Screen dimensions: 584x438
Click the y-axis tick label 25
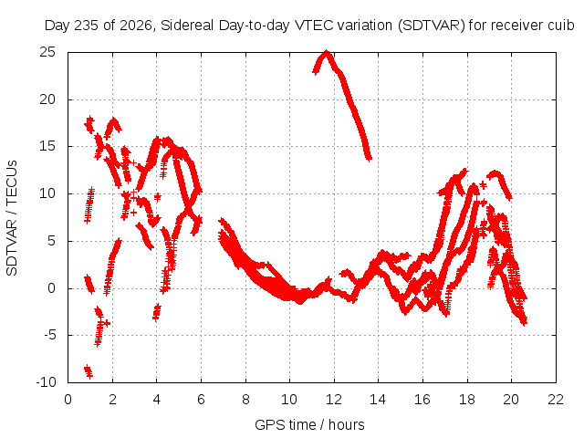point(47,52)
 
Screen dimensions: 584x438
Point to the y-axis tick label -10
point(46,382)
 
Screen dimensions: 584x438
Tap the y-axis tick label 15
point(47,146)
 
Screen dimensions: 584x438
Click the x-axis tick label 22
point(556,400)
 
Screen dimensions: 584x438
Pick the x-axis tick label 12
point(334,400)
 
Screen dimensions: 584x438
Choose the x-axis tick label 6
point(201,400)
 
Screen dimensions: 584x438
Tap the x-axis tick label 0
point(68,400)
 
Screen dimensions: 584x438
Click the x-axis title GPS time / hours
point(309,424)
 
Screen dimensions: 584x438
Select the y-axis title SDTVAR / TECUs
point(12,218)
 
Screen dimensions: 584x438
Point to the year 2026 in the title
point(136,26)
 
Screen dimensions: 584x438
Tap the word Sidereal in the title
point(187,26)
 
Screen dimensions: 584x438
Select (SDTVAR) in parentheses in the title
point(432,26)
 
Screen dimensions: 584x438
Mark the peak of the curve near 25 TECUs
point(327,53)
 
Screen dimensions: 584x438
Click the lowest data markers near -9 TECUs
point(89,371)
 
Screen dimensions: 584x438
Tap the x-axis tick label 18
point(467,400)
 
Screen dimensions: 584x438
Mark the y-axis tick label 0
point(52,288)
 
